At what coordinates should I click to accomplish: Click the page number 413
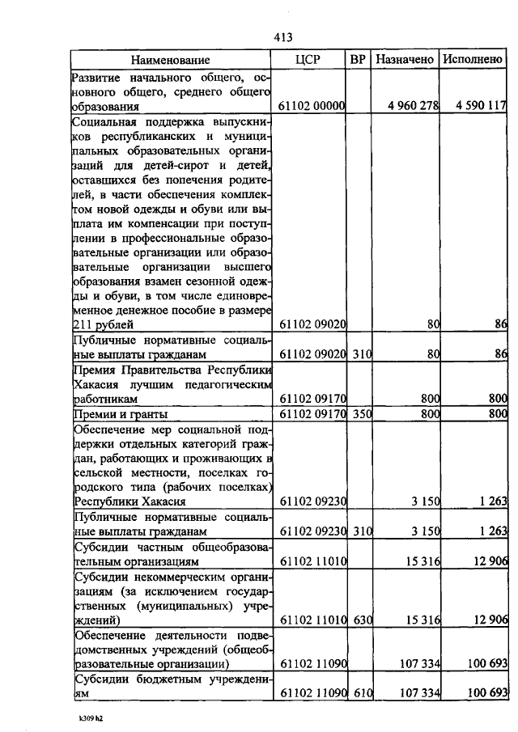(x=282, y=37)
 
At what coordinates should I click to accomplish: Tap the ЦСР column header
(x=312, y=60)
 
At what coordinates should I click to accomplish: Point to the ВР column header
(x=358, y=60)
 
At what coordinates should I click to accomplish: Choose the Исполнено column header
(x=473, y=60)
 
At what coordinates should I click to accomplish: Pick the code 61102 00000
(x=312, y=106)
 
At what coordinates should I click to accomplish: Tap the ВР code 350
(x=358, y=414)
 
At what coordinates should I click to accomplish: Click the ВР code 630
(x=358, y=620)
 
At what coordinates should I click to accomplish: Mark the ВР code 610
(x=358, y=694)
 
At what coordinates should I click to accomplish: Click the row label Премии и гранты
(x=115, y=414)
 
